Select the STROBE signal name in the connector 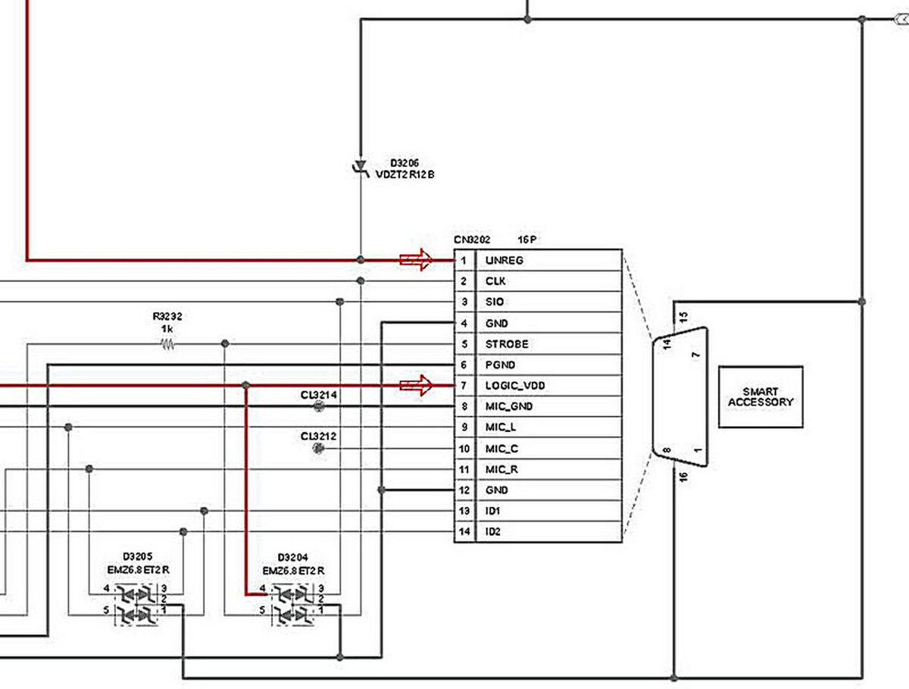(x=507, y=344)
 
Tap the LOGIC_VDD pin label (x=515, y=386)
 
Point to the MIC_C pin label (x=501, y=449)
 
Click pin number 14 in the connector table (x=464, y=532)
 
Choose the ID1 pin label (x=493, y=511)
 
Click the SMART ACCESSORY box (x=760, y=397)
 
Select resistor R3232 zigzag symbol (x=167, y=344)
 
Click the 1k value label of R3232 (x=167, y=330)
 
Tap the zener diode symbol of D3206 (x=361, y=167)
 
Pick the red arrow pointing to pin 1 (x=416, y=260)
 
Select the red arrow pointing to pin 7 (x=416, y=386)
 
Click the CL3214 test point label (x=318, y=395)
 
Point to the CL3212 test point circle (x=318, y=449)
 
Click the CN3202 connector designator (x=472, y=240)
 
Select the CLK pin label (x=495, y=281)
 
